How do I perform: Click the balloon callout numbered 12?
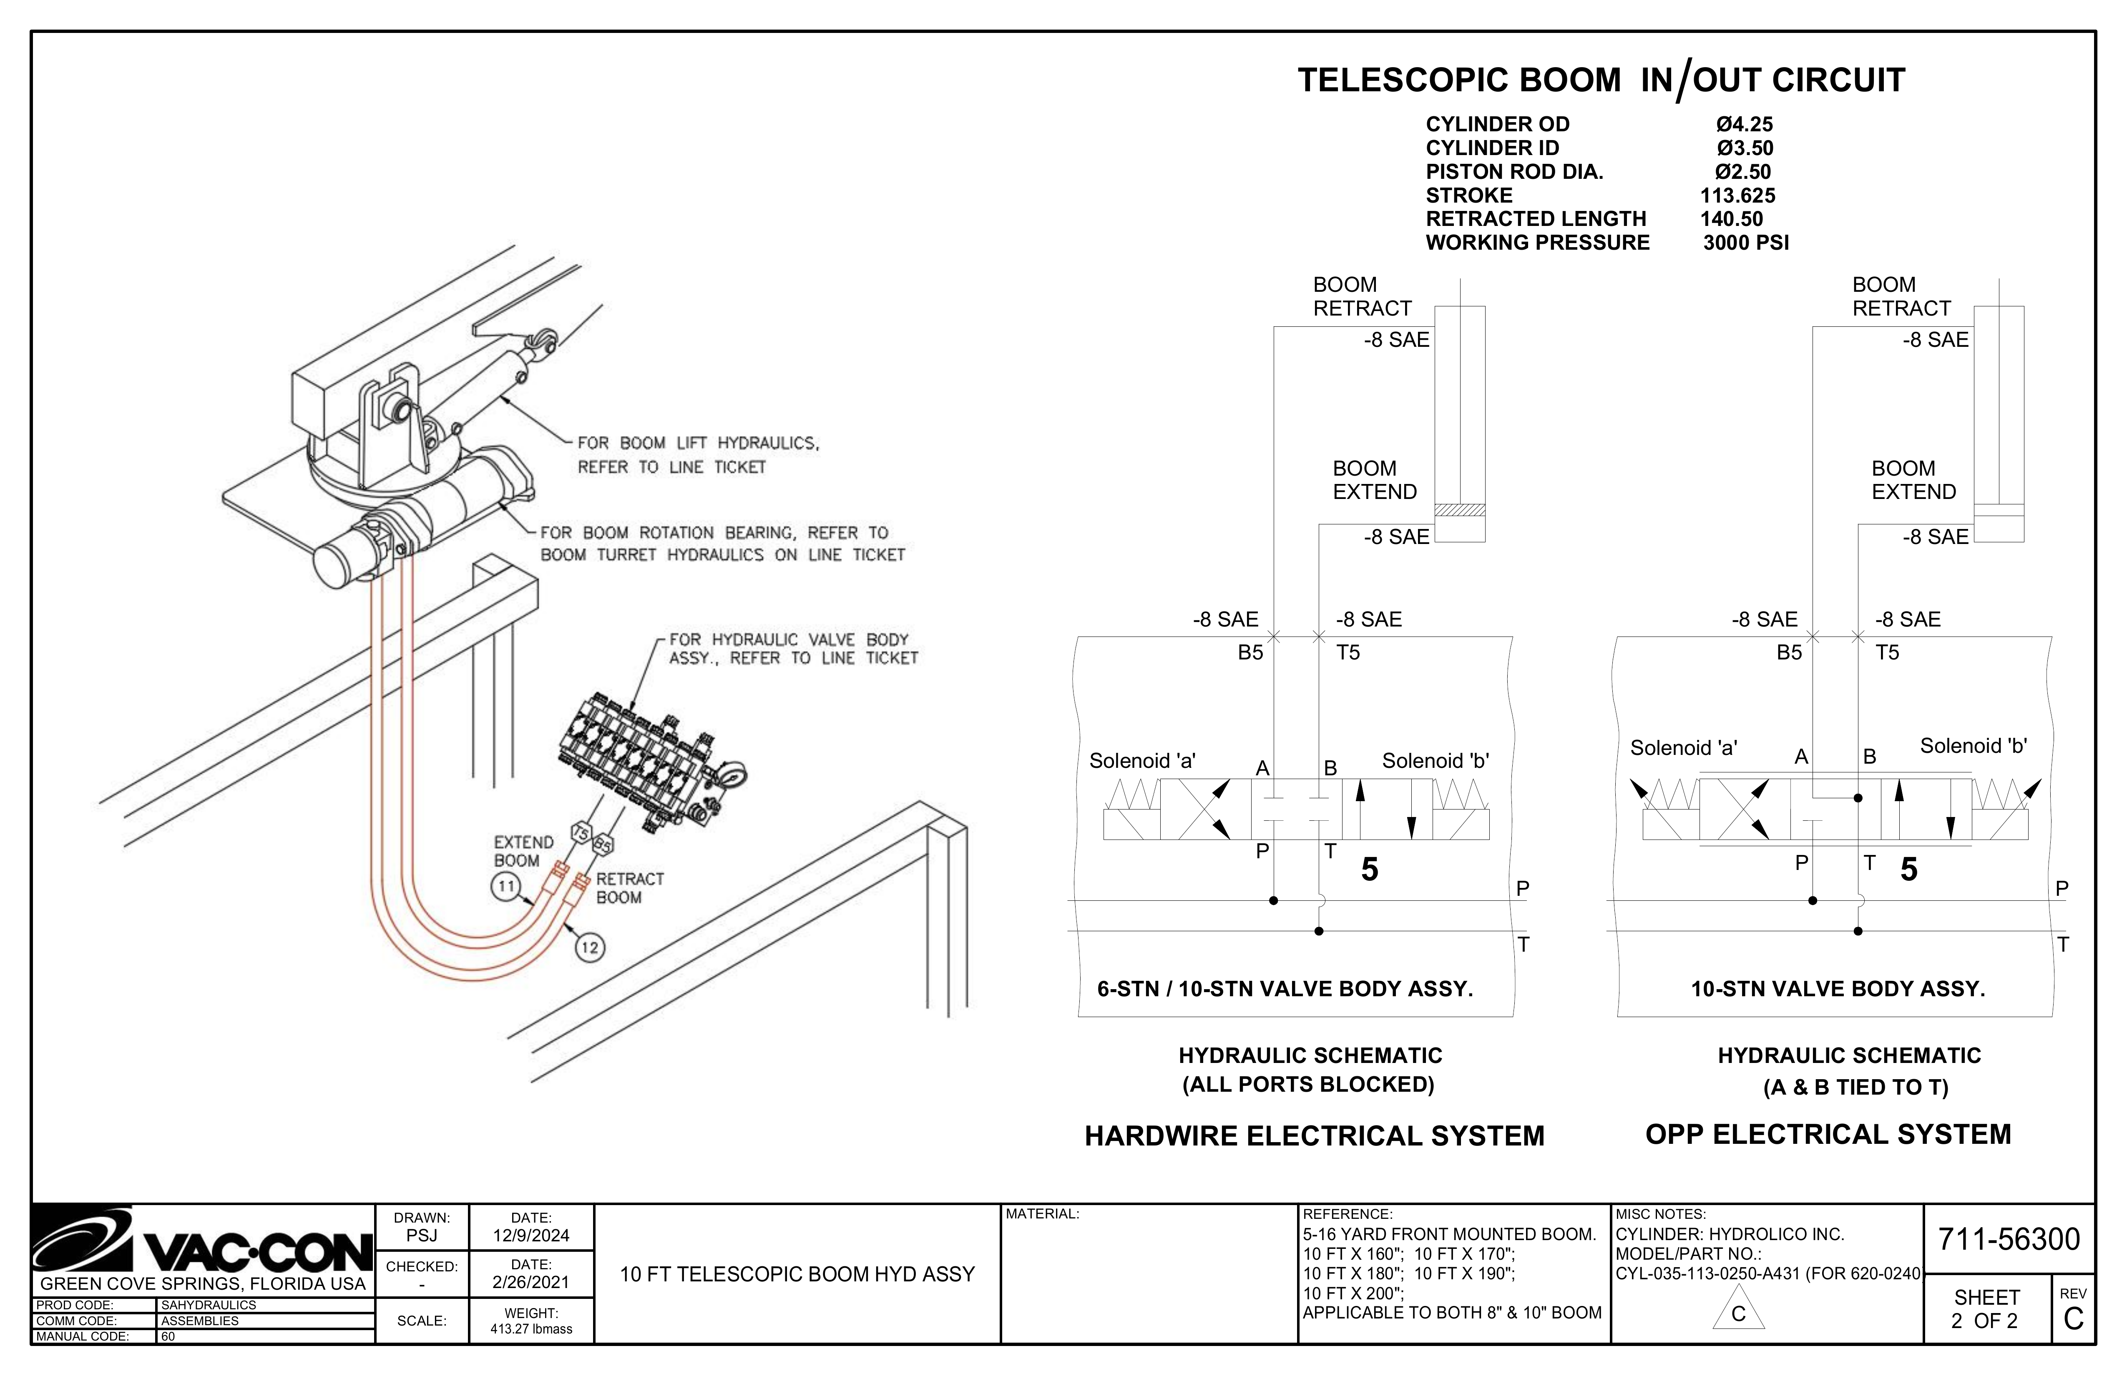589,947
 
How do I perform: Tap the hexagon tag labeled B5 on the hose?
603,843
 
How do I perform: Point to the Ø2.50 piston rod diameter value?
1743,172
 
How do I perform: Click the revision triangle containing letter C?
1738,1309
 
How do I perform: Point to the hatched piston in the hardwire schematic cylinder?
1459,510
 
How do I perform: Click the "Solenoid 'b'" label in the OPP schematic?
1973,746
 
